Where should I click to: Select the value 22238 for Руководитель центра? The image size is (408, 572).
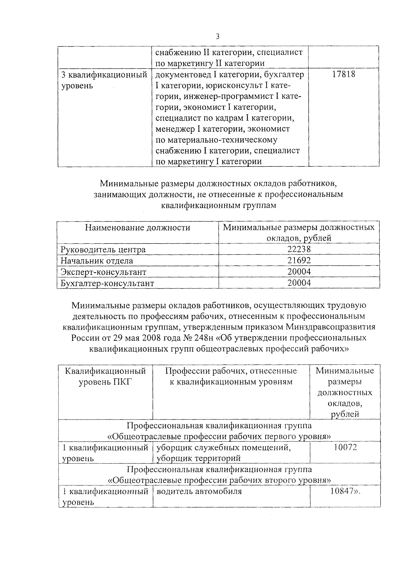pyautogui.click(x=299, y=249)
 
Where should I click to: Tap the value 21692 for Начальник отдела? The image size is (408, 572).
pyautogui.click(x=299, y=261)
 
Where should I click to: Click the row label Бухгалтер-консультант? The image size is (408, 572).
pyautogui.click(x=107, y=283)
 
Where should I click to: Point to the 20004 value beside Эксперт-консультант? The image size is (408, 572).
pyautogui.click(x=299, y=272)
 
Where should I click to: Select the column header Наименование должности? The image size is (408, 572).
pyautogui.click(x=137, y=228)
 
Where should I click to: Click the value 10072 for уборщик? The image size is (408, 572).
pyautogui.click(x=345, y=447)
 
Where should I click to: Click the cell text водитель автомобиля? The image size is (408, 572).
pyautogui.click(x=199, y=491)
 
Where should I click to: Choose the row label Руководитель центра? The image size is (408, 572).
pyautogui.click(x=103, y=250)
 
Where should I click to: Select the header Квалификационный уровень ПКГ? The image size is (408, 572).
pyautogui.click(x=105, y=376)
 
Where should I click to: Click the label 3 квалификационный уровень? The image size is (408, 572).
pyautogui.click(x=104, y=80)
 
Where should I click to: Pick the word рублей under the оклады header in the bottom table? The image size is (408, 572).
pyautogui.click(x=345, y=414)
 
